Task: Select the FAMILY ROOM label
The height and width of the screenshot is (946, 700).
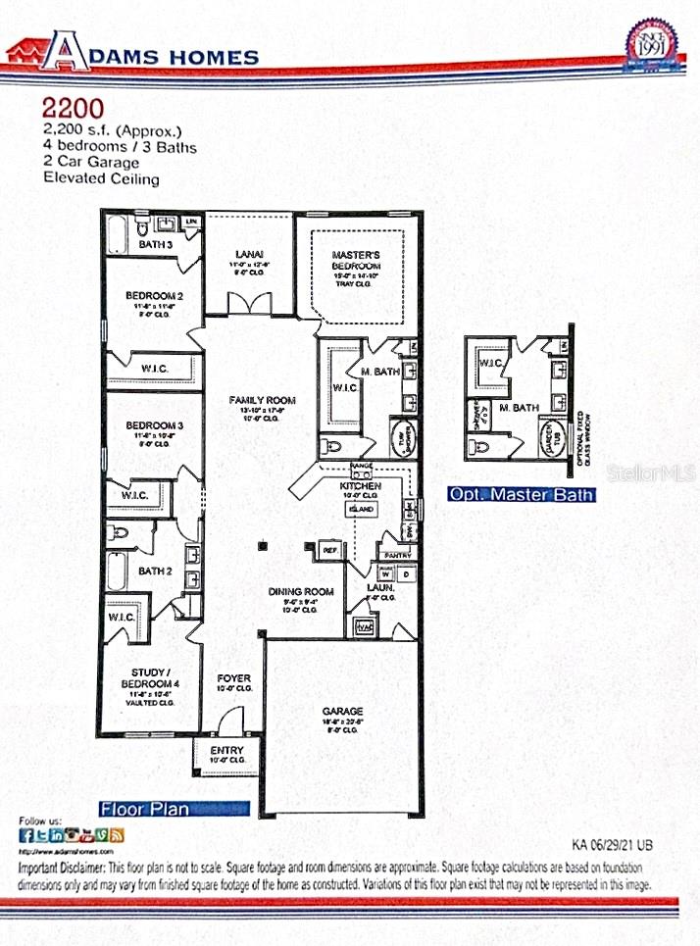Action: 262,400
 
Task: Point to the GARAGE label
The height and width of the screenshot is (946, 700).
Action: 343,711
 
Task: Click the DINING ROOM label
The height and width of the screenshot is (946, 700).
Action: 301,591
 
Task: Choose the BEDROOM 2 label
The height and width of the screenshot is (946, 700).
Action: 155,295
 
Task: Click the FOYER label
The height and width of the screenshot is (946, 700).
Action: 233,677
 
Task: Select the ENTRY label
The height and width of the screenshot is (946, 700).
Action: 226,750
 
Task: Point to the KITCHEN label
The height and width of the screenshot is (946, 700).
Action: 360,485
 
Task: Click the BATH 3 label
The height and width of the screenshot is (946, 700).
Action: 155,244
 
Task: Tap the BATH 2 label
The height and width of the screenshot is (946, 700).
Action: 155,571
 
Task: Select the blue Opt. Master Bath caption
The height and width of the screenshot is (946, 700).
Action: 521,495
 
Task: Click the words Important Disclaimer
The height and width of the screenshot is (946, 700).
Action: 61,869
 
